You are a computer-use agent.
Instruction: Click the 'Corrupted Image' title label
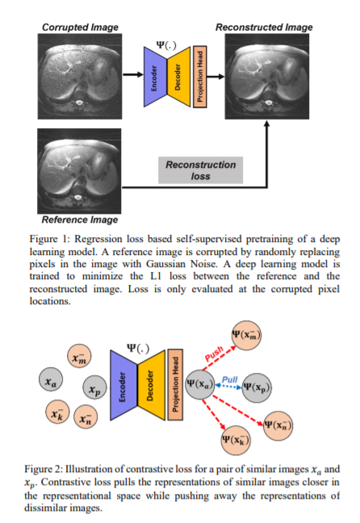pos(80,27)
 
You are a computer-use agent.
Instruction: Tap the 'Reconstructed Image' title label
pos(264,27)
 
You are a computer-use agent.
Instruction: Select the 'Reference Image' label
pos(80,220)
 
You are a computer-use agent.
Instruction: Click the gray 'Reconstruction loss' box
pos(200,170)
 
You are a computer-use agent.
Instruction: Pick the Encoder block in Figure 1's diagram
pos(155,77)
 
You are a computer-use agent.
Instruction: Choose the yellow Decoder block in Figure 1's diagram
pos(178,77)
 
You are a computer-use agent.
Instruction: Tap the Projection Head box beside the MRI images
pos(200,77)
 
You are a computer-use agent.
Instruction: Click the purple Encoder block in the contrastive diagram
pos(123,384)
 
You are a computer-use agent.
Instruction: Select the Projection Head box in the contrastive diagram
pos(175,384)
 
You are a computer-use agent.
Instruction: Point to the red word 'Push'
pos(214,354)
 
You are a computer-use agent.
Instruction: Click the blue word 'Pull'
pos(230,379)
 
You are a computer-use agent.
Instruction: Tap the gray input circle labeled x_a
pos(51,379)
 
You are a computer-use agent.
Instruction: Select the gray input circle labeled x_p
pos(94,387)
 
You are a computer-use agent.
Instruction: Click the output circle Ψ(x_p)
pos(257,387)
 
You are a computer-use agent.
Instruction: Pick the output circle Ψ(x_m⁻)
pos(246,335)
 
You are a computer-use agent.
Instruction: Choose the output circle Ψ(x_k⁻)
pos(236,441)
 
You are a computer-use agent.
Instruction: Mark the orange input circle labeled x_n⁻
pos(86,416)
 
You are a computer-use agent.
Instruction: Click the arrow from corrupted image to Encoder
pos(133,74)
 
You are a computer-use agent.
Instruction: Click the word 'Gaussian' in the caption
pos(165,264)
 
